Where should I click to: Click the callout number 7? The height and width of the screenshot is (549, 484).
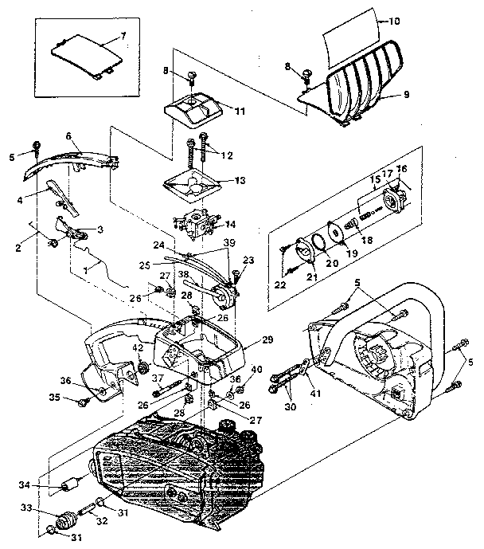[123, 37]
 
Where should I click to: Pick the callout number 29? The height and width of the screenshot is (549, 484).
[267, 340]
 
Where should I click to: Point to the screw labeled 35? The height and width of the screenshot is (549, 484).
[80, 401]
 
